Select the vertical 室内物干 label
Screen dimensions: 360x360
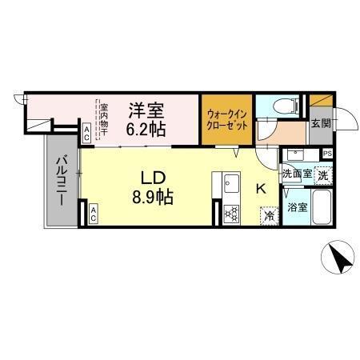(103, 118)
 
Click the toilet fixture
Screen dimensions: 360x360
(284, 107)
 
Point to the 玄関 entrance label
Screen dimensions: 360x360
(321, 123)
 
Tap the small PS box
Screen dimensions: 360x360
(328, 154)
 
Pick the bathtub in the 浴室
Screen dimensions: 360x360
(322, 208)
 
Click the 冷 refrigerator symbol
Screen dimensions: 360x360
(270, 214)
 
